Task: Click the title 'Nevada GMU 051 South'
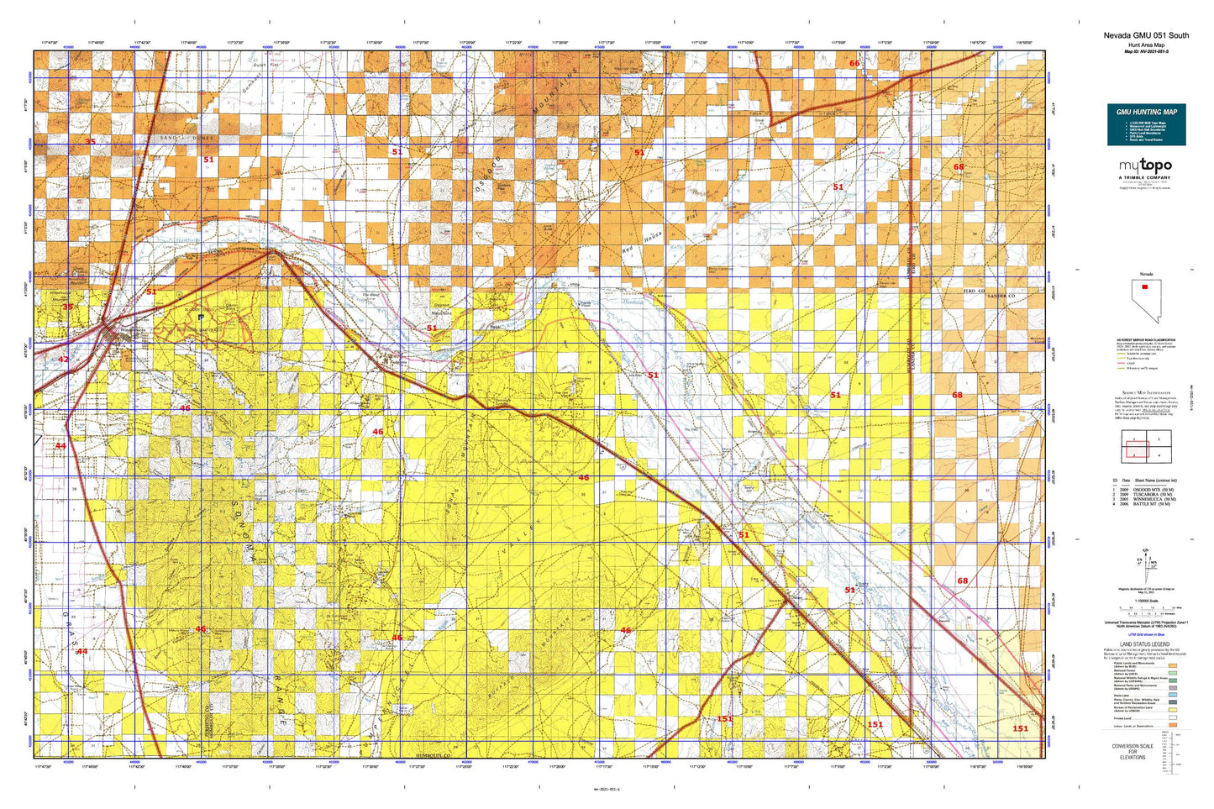(1146, 35)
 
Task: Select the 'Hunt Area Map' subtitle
(1146, 45)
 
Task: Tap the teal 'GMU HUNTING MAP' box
(1146, 123)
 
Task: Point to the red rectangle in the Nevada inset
(1144, 287)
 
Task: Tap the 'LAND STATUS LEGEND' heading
(1144, 644)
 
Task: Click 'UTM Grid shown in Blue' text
(1144, 635)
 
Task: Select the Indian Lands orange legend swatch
(1173, 725)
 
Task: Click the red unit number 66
(854, 63)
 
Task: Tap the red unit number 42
(63, 360)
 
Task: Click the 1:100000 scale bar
(1144, 607)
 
